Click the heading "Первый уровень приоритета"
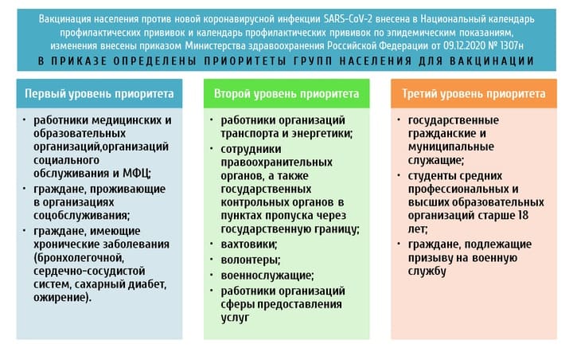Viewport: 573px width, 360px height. pos(99,94)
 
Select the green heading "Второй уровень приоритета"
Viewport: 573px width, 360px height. pos(286,94)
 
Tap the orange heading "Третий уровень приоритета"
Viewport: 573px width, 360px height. pos(474,94)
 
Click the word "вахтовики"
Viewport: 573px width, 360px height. pos(248,244)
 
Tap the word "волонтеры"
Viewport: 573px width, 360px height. pos(251,260)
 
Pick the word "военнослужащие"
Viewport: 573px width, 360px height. pos(267,276)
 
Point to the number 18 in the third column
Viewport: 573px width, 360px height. pos(523,215)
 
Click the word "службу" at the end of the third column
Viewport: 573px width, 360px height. pos(427,272)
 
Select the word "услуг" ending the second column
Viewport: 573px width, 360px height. pos(235,318)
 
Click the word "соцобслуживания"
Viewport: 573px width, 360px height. pos(81,216)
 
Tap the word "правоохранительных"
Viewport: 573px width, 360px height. pos(277,162)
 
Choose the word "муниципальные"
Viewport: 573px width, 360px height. pos(451,147)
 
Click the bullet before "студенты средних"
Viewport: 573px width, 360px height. pos(399,175)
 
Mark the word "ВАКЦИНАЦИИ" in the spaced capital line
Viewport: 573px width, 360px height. pos(492,61)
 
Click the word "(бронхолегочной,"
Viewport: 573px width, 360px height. pos(79,258)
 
